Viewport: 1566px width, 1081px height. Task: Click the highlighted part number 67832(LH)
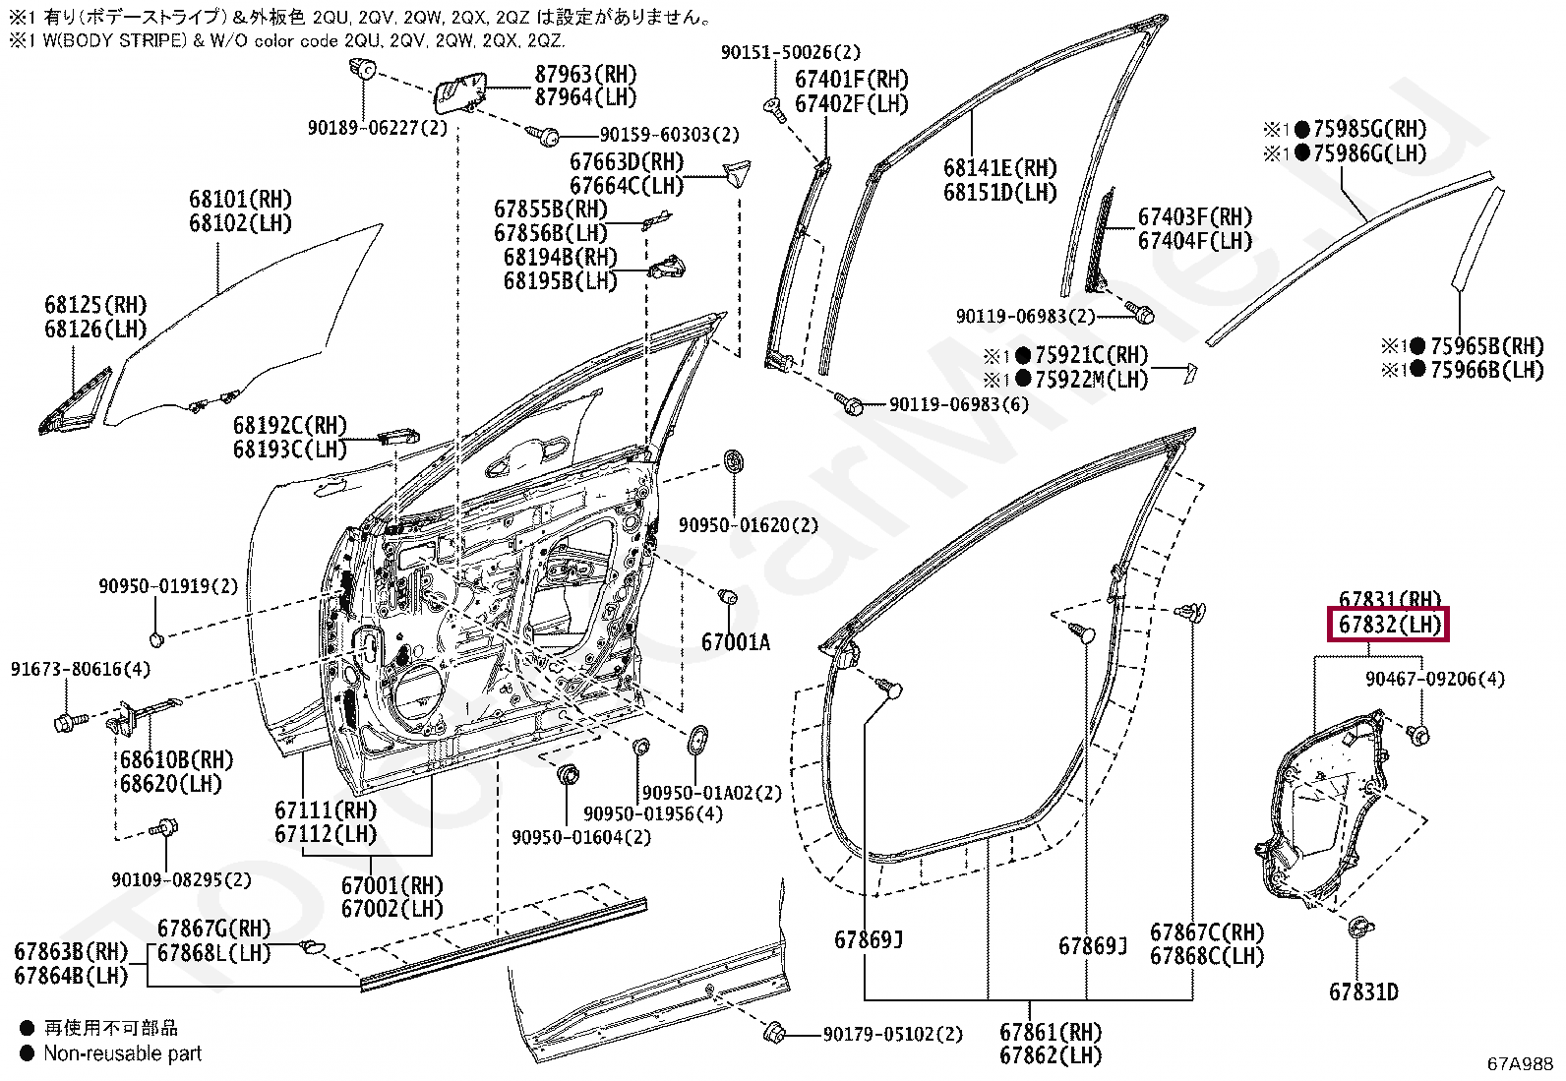(1388, 624)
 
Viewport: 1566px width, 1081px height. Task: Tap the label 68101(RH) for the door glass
(240, 200)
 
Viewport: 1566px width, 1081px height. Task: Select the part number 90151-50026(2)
(791, 52)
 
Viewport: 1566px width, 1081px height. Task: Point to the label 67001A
(735, 642)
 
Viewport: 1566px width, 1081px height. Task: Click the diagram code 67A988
(1520, 1063)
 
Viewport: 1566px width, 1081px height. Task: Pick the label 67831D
(1363, 991)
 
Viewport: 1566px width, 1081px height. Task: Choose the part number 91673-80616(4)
(81, 669)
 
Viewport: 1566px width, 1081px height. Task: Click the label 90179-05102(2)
(893, 1034)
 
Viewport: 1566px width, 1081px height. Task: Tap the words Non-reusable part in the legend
(122, 1053)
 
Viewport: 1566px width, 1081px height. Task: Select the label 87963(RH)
(586, 74)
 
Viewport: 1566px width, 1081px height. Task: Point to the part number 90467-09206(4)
(1435, 679)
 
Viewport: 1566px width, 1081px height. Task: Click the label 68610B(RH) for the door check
(176, 759)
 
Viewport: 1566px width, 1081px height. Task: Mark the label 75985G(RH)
(1370, 129)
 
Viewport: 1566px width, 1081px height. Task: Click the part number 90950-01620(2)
(748, 525)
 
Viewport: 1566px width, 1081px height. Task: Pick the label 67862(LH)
(1050, 1055)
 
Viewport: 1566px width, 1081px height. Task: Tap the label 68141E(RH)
(999, 168)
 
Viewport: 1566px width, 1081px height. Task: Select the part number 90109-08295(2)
(181, 879)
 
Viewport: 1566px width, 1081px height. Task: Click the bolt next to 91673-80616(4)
(71, 721)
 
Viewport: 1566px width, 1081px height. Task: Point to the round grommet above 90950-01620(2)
(734, 461)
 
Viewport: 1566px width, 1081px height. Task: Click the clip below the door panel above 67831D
(1360, 928)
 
